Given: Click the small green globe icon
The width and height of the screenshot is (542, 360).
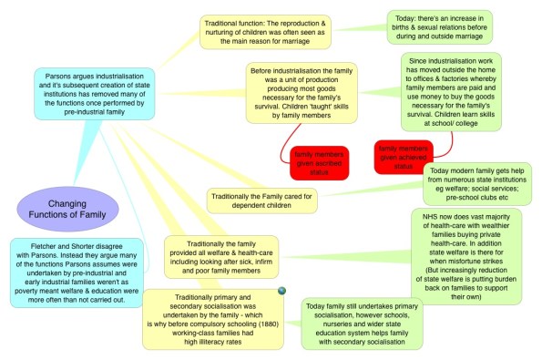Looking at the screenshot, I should pyautogui.click(x=282, y=290).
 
